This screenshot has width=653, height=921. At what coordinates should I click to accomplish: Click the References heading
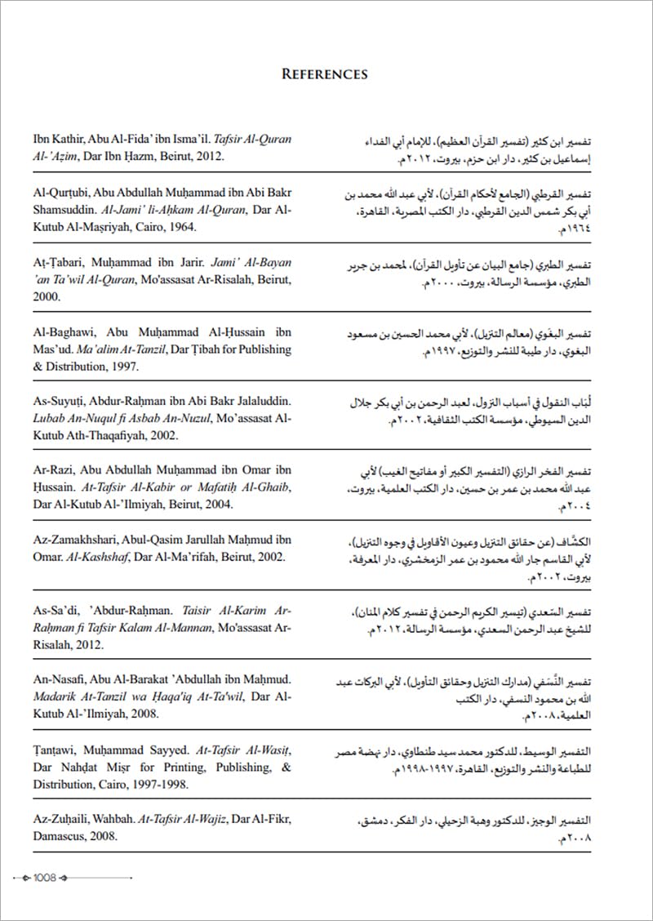pyautogui.click(x=325, y=74)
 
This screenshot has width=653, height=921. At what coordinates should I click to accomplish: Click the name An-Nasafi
pyautogui.click(x=60, y=679)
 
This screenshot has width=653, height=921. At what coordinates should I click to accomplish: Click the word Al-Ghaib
pyautogui.click(x=266, y=487)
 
